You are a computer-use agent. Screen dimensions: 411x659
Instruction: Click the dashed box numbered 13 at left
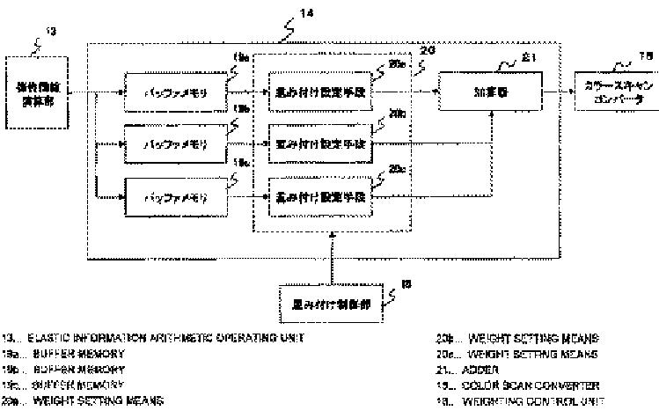[37, 91]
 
